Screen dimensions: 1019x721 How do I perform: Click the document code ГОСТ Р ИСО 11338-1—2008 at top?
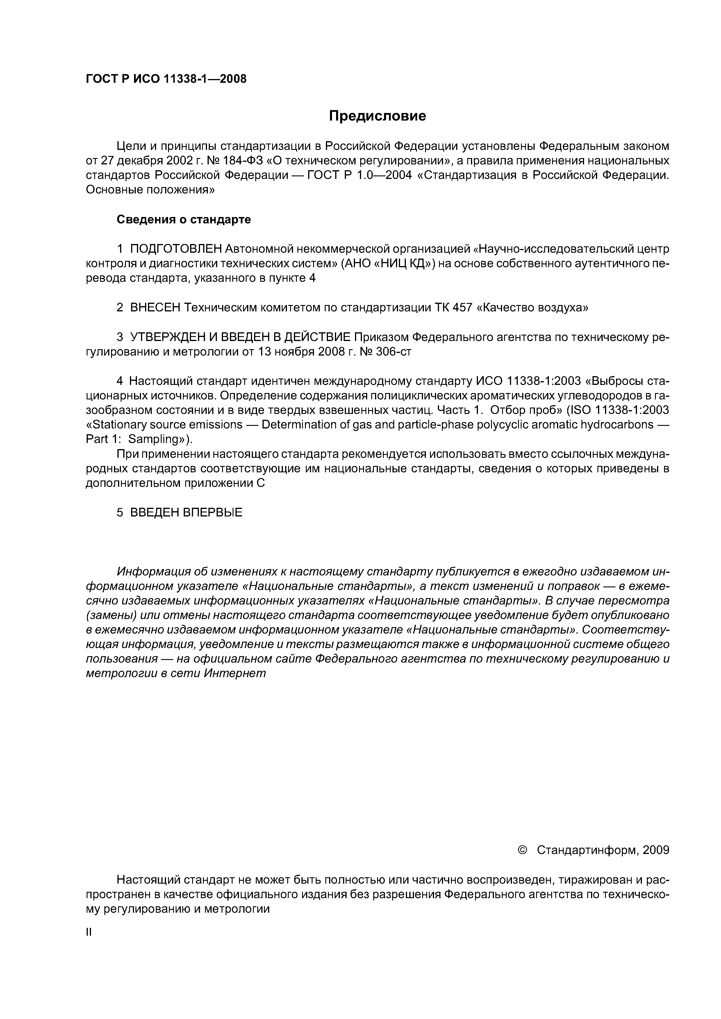pyautogui.click(x=166, y=79)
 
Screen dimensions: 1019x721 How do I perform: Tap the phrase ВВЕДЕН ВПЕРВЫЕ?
pyautogui.click(x=186, y=513)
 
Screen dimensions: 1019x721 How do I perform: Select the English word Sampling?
pyautogui.click(x=153, y=439)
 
